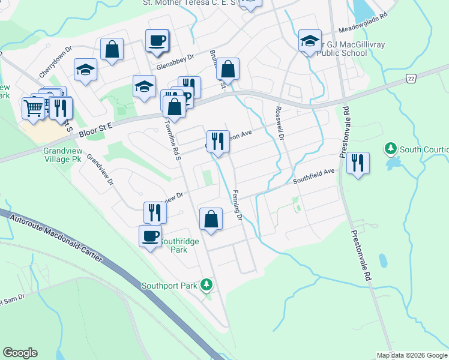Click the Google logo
pos(20,353)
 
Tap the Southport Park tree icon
pos(206,284)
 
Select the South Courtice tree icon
pos(390,148)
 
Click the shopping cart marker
pos(33,109)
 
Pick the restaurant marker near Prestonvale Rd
pos(358,162)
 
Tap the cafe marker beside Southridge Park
pos(150,235)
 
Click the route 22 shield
pos(411,79)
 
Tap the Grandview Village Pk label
pos(67,156)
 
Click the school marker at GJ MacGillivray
pos(310,41)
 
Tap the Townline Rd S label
pos(173,142)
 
